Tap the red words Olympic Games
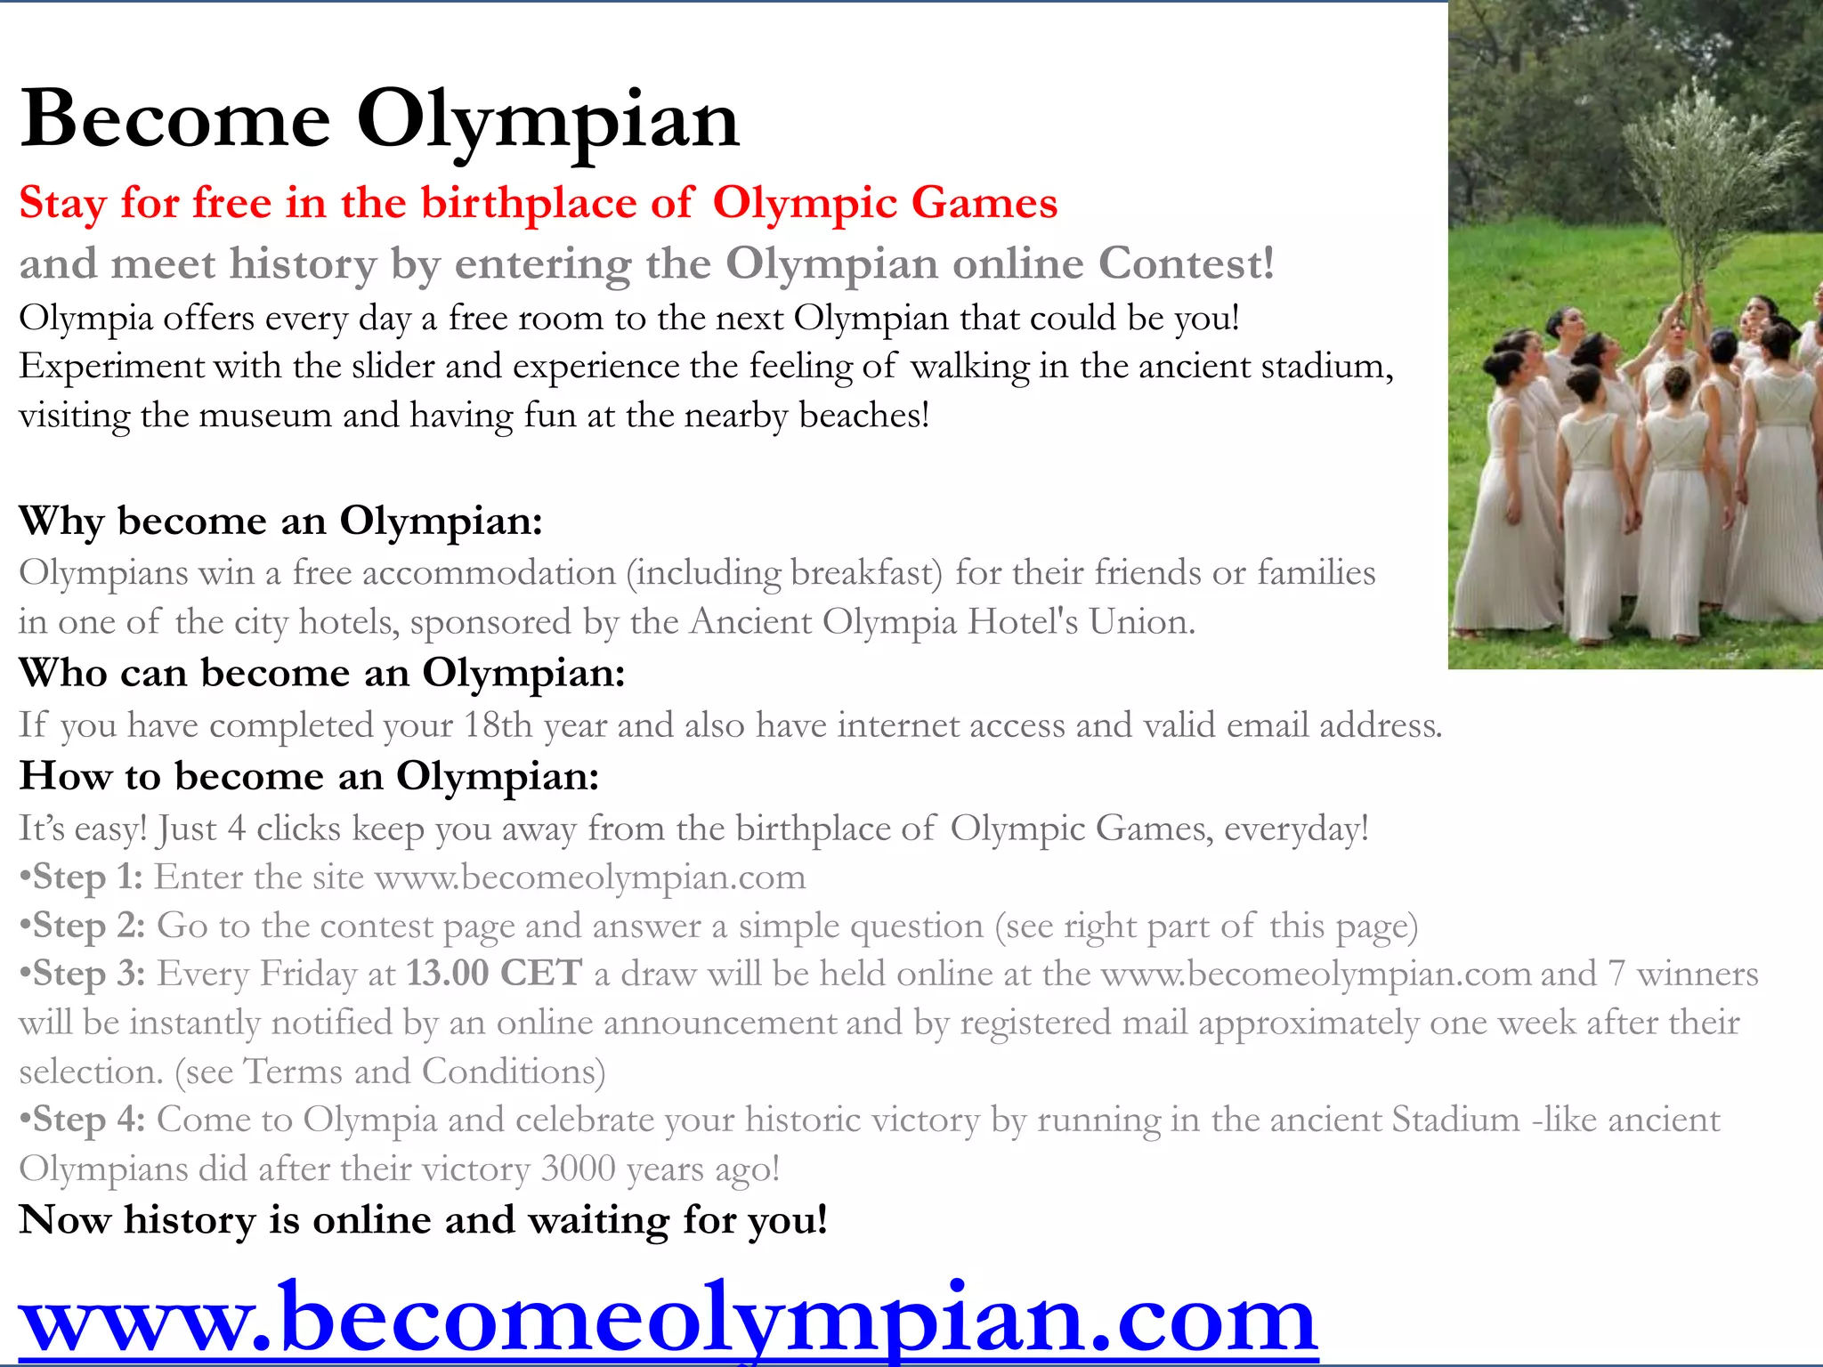click(885, 203)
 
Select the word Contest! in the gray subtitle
click(1187, 263)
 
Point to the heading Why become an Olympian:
click(280, 521)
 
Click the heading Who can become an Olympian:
click(322, 673)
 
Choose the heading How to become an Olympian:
click(309, 776)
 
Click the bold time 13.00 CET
click(495, 974)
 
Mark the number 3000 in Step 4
click(578, 1169)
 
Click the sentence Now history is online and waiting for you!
click(424, 1220)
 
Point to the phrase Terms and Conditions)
click(425, 1072)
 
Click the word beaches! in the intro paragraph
click(863, 416)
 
